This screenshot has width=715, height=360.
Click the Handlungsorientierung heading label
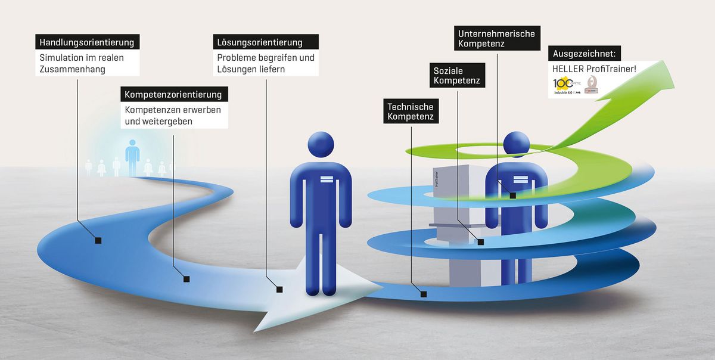[88, 42]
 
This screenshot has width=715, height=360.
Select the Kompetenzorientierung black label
[173, 94]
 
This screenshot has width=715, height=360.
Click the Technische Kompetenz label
[411, 111]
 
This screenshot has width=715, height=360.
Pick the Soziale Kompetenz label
[457, 75]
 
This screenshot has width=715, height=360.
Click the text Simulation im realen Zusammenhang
[82, 64]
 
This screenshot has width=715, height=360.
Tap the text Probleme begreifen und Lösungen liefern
[265, 64]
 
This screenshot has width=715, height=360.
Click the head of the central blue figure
[321, 145]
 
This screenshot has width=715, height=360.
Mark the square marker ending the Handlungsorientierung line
[98, 240]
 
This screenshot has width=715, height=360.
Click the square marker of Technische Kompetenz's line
[422, 293]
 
